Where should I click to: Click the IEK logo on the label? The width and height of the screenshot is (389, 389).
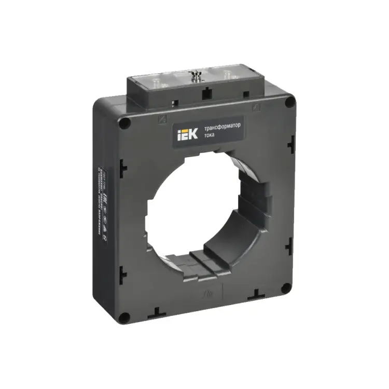(x=187, y=135)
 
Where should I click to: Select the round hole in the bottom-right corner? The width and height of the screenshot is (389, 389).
(x=285, y=288)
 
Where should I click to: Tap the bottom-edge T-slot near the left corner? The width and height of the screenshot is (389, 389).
(x=156, y=312)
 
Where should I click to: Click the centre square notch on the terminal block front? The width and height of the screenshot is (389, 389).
(x=206, y=93)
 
